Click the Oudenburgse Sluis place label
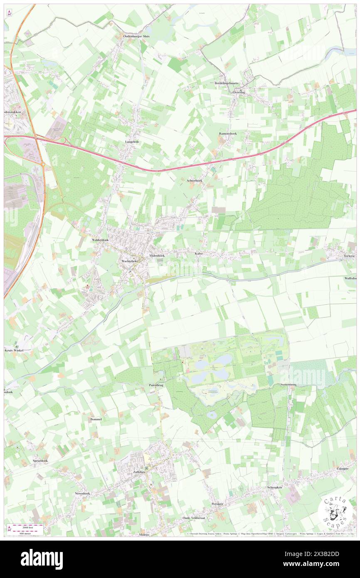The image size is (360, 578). (x=136, y=36)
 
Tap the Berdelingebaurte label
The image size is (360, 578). (x=227, y=83)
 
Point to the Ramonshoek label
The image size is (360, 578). (x=227, y=133)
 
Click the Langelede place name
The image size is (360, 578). (x=132, y=142)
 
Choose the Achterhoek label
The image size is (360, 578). (x=194, y=180)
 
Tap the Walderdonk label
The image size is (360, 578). (x=100, y=240)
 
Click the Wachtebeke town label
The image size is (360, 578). (x=129, y=261)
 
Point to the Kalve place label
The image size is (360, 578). (x=198, y=253)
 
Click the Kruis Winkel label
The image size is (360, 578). (x=15, y=350)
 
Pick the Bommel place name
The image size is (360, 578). (x=96, y=419)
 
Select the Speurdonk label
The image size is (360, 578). (x=40, y=462)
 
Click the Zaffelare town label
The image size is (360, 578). (x=141, y=472)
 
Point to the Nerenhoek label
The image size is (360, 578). (x=82, y=493)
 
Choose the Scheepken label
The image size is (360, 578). (x=274, y=487)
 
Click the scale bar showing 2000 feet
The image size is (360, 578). (x=26, y=527)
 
